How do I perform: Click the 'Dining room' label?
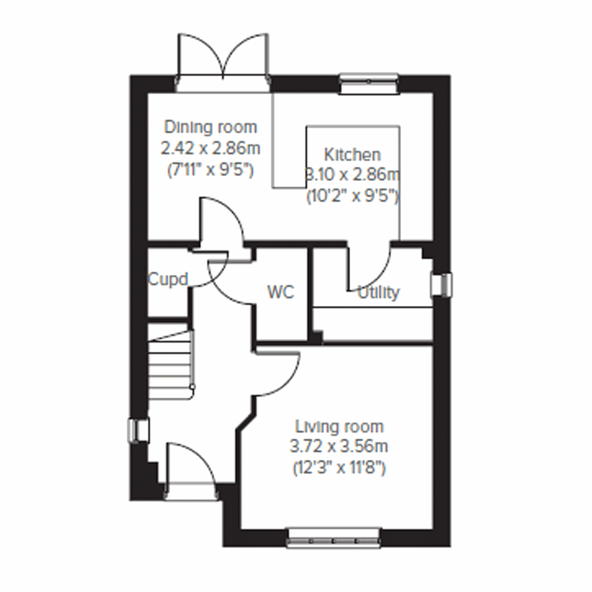[x=211, y=127]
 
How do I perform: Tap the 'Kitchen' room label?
[x=352, y=154]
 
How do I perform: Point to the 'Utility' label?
[x=378, y=293]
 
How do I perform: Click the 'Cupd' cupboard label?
[x=168, y=280]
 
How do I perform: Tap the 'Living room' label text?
[x=339, y=426]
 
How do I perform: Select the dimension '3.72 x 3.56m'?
[x=339, y=446]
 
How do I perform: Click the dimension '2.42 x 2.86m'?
[x=211, y=148]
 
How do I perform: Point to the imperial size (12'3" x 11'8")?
[x=339, y=467]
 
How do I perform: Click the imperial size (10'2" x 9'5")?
[x=352, y=196]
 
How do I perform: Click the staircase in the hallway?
[x=169, y=363]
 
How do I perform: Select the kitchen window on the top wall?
[x=369, y=83]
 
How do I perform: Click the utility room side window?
[x=441, y=286]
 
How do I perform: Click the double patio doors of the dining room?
[x=223, y=62]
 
